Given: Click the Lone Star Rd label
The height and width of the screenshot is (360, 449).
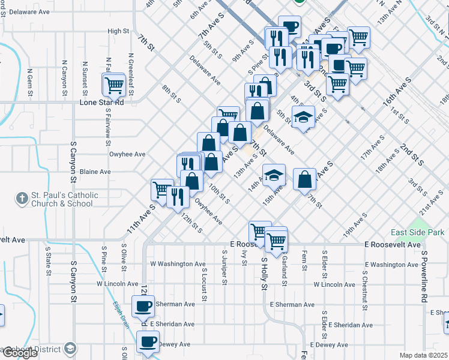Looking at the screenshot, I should click(101, 102).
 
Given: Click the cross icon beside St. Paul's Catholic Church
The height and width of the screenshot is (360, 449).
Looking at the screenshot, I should click(22, 197).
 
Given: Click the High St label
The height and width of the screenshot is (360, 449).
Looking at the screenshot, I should click(118, 31).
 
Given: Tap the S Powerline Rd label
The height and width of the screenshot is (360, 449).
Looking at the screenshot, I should click(423, 276).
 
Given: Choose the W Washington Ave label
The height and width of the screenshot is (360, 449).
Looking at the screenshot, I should click(169, 264).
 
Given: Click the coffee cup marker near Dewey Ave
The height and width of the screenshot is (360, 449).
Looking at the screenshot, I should click(147, 342).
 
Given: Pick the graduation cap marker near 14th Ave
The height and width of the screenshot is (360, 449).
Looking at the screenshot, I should click(274, 176).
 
